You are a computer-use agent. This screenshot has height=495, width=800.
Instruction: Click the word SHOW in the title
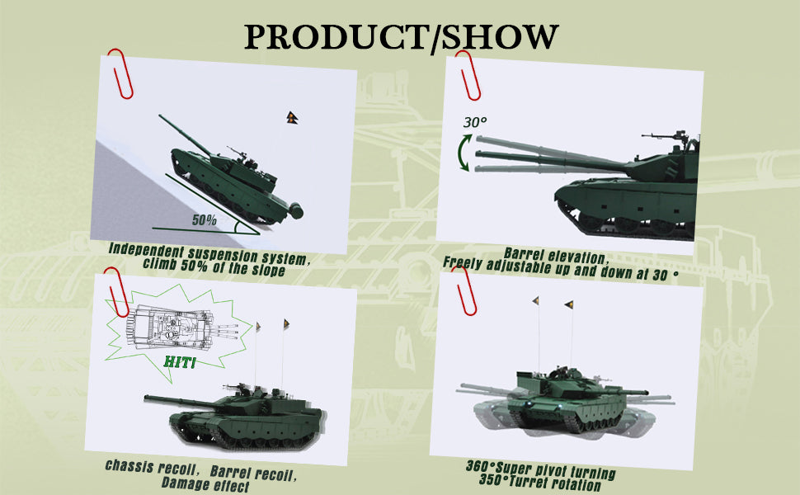(500, 37)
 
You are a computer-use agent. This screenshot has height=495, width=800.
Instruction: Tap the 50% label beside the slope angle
(204, 220)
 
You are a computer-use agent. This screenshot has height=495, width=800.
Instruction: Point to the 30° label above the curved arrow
(474, 122)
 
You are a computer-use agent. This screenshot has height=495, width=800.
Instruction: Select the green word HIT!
(180, 362)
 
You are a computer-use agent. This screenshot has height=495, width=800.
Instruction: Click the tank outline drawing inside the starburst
(182, 327)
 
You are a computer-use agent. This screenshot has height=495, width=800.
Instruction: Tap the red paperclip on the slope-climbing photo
(120, 73)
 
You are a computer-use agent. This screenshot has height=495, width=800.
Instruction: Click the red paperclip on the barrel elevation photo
(468, 75)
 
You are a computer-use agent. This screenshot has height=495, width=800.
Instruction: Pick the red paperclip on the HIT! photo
(117, 292)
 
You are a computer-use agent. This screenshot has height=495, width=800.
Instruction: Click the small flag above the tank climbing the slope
(292, 118)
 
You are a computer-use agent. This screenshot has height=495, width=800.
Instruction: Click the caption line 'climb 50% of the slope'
(214, 266)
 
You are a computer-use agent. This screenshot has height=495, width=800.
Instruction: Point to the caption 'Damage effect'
(205, 483)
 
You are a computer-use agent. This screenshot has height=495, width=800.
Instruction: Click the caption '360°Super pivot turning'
(540, 469)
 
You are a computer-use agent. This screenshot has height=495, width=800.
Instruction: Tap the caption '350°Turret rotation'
(540, 483)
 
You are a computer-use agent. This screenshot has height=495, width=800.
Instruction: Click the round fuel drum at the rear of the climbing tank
(295, 210)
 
